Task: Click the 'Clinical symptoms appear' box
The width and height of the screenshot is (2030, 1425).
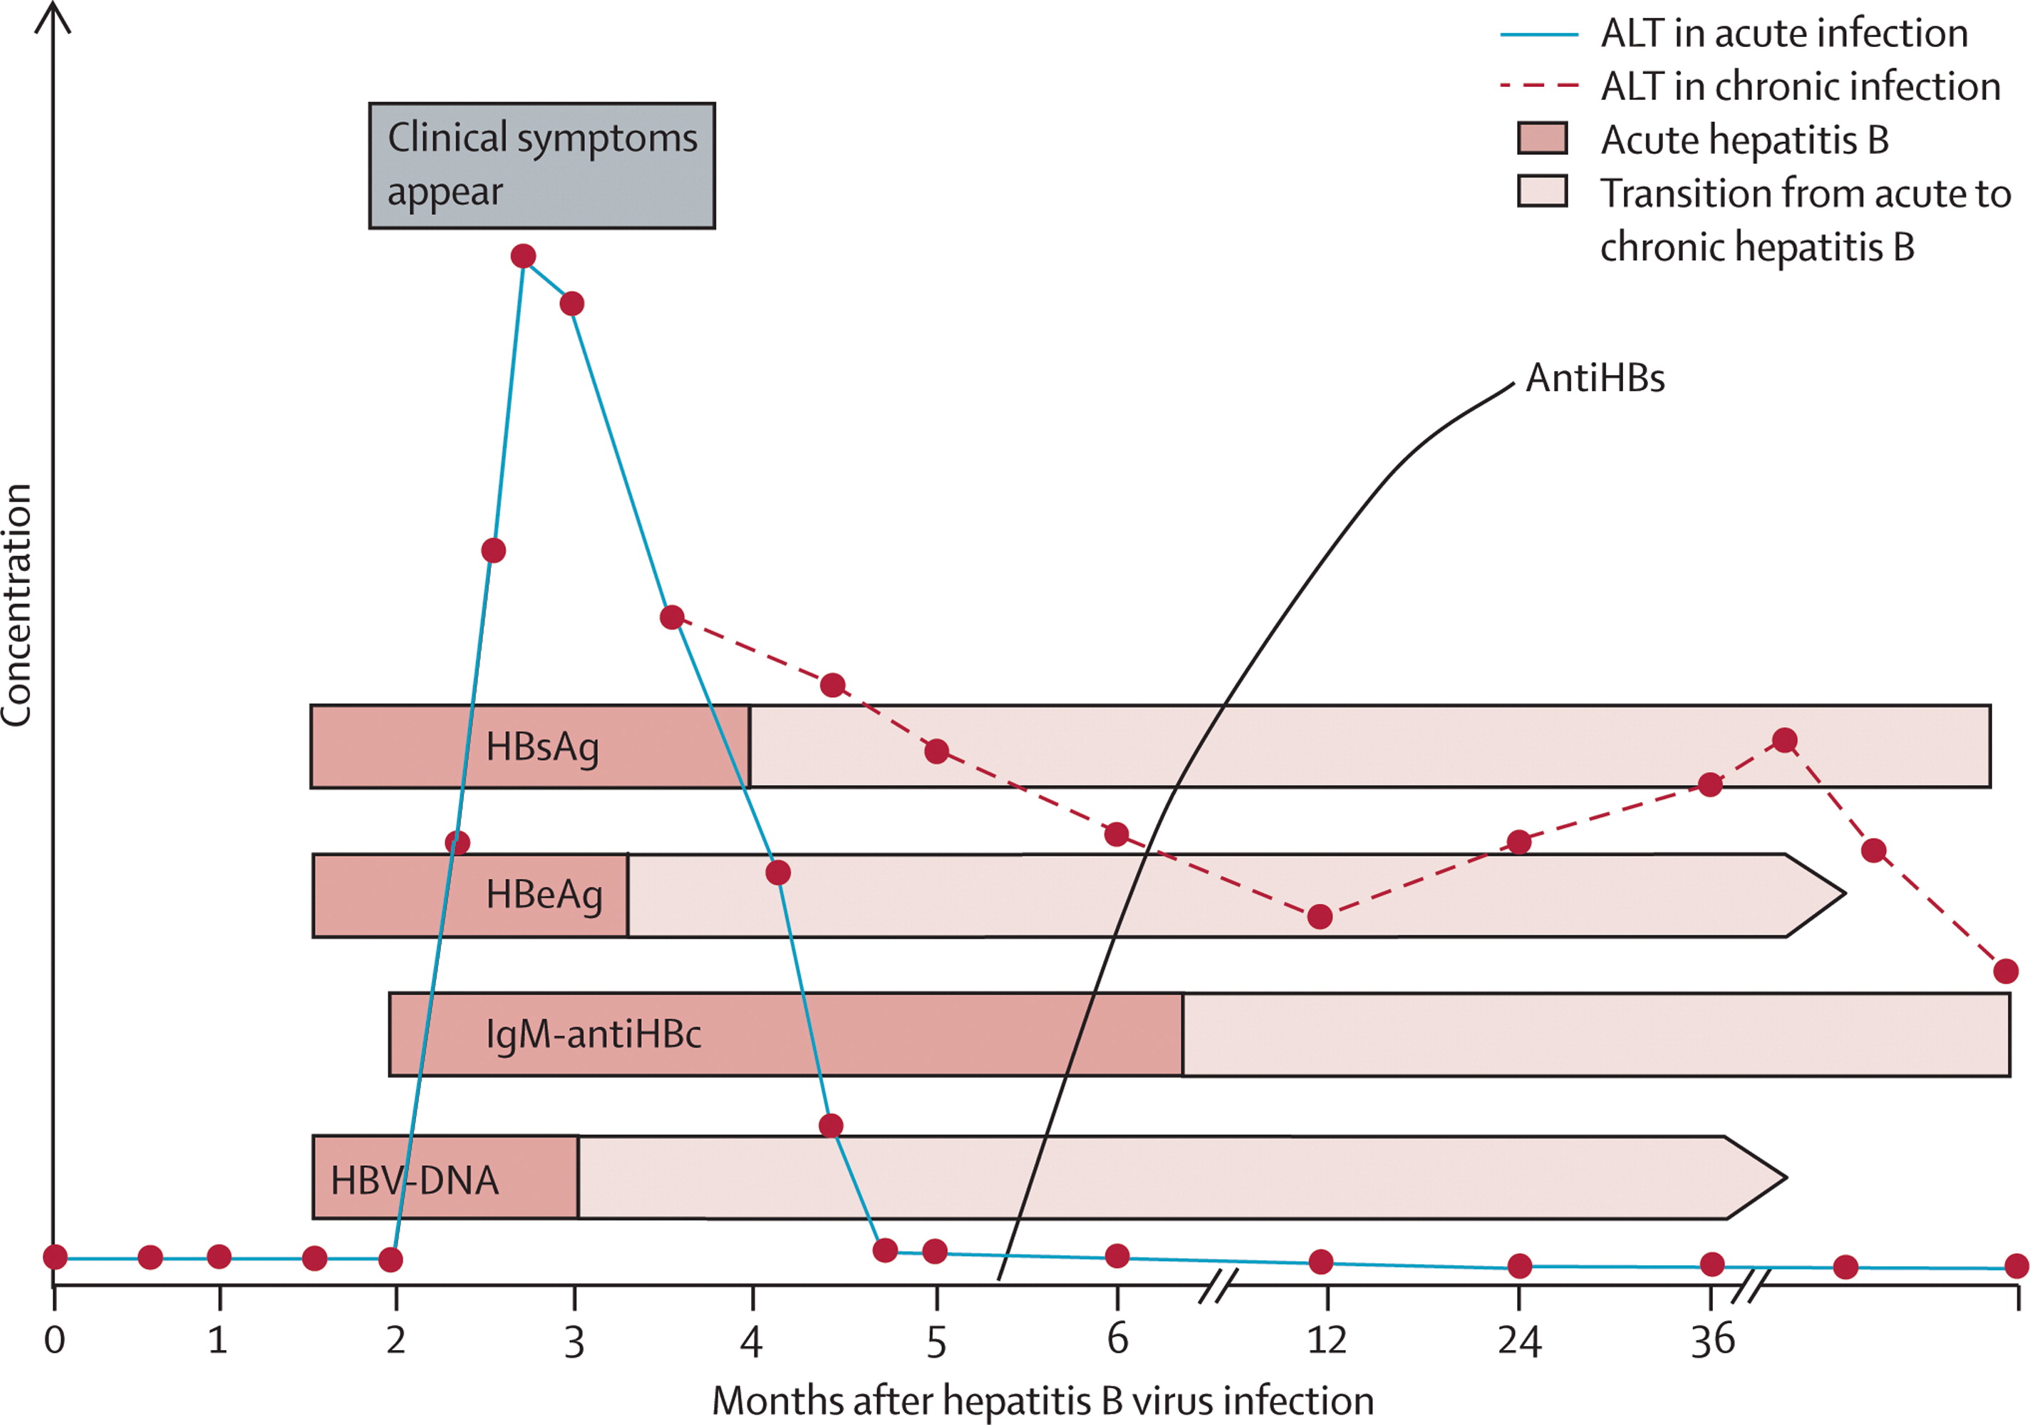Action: (x=542, y=165)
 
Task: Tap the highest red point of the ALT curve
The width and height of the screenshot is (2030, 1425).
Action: (x=524, y=257)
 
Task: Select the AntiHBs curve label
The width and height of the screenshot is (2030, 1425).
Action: (x=1595, y=378)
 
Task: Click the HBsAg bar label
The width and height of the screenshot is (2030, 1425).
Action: (x=542, y=748)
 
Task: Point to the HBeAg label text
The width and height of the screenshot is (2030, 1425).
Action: (x=544, y=895)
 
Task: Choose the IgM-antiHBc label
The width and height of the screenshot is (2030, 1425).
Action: (x=594, y=1034)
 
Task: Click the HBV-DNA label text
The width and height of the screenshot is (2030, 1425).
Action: (x=415, y=1180)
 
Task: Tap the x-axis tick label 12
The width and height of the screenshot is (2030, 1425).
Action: (x=1326, y=1340)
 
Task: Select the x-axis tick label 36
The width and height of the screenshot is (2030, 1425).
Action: (x=1713, y=1340)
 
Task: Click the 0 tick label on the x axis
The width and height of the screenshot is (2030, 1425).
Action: (x=55, y=1340)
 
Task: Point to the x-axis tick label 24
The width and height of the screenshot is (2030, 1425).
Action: (x=1519, y=1340)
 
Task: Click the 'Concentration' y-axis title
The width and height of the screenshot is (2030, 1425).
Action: (x=17, y=605)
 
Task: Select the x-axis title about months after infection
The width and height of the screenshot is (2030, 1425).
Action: (x=1043, y=1401)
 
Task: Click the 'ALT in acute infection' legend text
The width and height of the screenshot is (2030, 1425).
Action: (x=1784, y=34)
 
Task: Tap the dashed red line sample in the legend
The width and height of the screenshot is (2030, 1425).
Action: (x=1539, y=86)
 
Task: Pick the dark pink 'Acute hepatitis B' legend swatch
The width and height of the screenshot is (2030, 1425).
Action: (x=1543, y=138)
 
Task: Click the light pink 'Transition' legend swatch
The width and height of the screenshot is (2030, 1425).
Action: (x=1543, y=191)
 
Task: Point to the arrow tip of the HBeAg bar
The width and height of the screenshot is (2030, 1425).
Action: (x=1844, y=893)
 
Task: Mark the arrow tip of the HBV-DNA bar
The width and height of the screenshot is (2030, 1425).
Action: (x=1786, y=1178)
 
